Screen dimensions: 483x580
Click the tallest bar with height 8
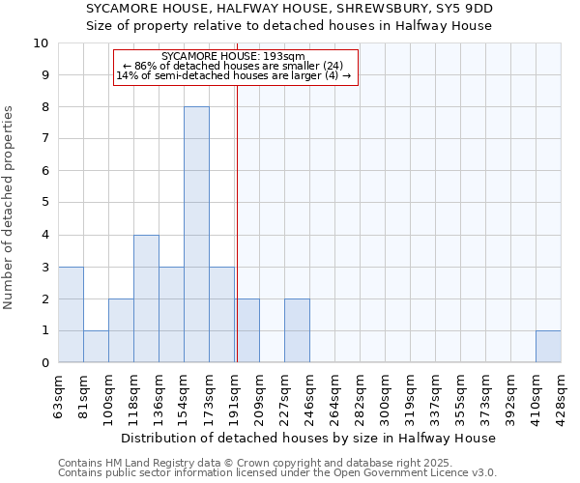coord(196,235)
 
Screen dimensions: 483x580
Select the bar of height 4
coord(146,298)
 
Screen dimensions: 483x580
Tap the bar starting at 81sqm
coord(96,346)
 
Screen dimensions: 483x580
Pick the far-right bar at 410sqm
coord(548,346)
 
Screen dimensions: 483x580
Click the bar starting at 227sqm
coord(297,330)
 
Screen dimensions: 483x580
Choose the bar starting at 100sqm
coord(121,330)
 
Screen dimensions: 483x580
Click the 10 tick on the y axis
coord(42,43)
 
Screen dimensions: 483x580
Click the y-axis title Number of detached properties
coord(10,209)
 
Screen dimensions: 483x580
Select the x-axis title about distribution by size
coord(309,439)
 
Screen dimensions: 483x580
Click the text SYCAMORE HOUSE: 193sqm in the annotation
coord(234,56)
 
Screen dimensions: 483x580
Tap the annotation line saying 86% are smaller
coord(234,66)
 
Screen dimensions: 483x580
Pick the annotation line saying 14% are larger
coord(234,75)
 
